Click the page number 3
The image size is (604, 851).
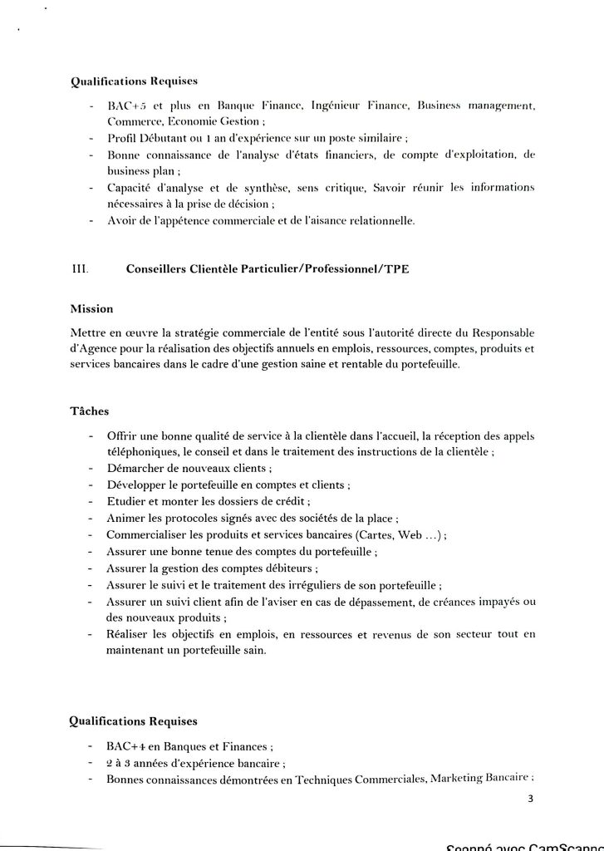(x=529, y=799)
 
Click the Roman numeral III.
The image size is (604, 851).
(x=81, y=268)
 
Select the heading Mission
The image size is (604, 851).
(x=91, y=309)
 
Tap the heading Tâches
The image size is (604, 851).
(x=89, y=411)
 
